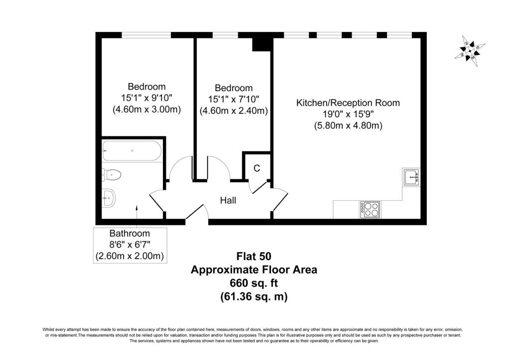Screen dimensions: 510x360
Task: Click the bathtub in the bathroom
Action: click(x=131, y=151)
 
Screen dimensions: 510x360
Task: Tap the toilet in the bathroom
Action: click(x=112, y=175)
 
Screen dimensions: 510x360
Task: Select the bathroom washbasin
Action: click(x=109, y=198)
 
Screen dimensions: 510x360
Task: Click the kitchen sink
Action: click(x=411, y=177)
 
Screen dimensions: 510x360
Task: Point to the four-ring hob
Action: click(x=370, y=210)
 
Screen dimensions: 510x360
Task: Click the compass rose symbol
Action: click(x=470, y=51)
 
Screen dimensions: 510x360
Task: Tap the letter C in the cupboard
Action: click(x=257, y=168)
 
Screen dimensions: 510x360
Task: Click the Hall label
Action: click(x=228, y=200)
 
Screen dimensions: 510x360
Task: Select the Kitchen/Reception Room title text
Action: click(x=348, y=103)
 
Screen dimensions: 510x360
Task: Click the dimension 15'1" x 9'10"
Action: click(x=147, y=98)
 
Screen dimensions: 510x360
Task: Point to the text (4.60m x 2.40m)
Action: click(x=234, y=111)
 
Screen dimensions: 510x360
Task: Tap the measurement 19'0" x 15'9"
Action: click(x=348, y=114)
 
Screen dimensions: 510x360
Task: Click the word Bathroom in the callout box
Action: click(x=130, y=233)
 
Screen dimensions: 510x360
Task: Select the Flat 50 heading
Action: click(x=254, y=256)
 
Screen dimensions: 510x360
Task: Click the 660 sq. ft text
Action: click(x=254, y=283)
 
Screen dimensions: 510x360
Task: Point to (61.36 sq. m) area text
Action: click(x=254, y=297)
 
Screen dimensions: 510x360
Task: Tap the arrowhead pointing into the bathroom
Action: click(x=136, y=207)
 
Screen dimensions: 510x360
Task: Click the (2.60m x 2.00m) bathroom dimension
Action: click(x=130, y=256)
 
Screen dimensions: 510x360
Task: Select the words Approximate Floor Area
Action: click(x=254, y=270)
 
